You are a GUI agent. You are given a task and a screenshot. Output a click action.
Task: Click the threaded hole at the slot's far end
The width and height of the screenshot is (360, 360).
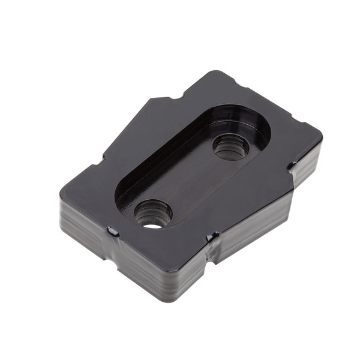point(231,147)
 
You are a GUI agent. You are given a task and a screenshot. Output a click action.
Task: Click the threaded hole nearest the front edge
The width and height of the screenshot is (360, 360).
point(152,213)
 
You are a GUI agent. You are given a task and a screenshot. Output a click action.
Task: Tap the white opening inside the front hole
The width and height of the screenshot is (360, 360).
point(152,223)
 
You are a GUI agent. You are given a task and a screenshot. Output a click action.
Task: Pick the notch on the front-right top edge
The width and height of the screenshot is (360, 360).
point(211,238)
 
